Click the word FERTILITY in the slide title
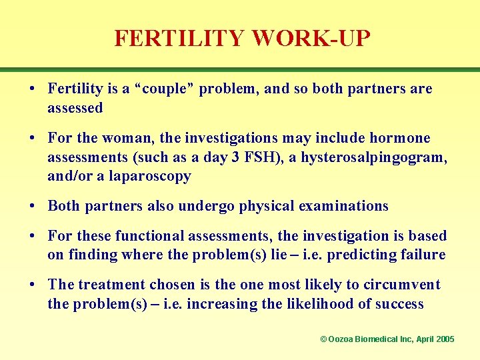(179, 38)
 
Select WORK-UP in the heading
(310, 38)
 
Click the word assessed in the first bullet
(75, 108)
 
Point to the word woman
(125, 138)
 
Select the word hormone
(399, 138)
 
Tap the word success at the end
(399, 304)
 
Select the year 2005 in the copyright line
(443, 339)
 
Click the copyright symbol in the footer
(323, 339)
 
